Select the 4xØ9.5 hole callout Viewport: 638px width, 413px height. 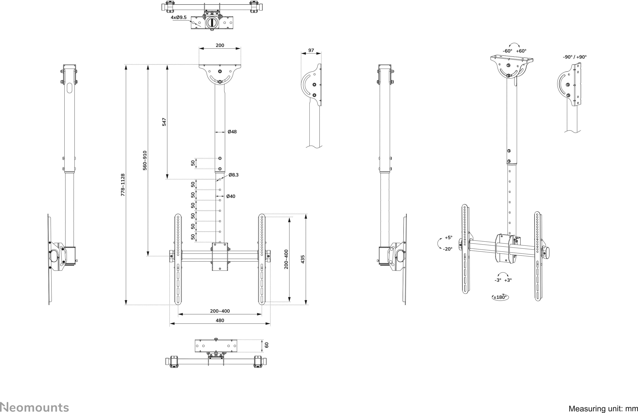[x=179, y=17]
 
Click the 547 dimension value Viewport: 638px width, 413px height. [x=164, y=122]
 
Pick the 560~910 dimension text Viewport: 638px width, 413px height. [x=145, y=160]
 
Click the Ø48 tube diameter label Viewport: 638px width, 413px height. [x=232, y=132]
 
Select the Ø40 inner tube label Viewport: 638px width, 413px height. [x=231, y=196]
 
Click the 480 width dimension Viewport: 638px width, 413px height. [x=220, y=320]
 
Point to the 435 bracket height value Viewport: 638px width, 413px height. [x=303, y=259]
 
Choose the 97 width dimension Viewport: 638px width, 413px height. [x=311, y=50]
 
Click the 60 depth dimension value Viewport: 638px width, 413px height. [x=266, y=345]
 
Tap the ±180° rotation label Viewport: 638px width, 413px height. [x=500, y=297]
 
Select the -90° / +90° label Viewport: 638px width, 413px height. [x=575, y=57]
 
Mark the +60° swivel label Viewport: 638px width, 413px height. [x=521, y=51]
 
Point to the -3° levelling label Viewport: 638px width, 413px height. [x=498, y=280]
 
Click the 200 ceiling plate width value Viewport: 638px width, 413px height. [x=220, y=45]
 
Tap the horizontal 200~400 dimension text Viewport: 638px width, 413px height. [x=220, y=311]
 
